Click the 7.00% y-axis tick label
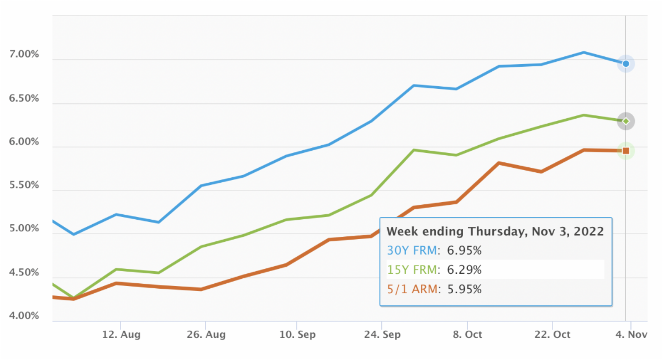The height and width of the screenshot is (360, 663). tap(24, 55)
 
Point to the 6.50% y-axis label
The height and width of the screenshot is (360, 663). tap(24, 99)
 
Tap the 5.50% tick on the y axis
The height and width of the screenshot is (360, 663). tap(24, 186)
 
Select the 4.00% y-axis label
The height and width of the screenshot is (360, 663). tap(24, 316)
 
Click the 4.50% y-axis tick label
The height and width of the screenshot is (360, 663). tap(24, 273)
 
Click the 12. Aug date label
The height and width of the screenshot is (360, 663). tap(121, 335)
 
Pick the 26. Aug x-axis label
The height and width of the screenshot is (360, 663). tap(204, 335)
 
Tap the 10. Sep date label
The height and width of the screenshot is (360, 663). tap(297, 335)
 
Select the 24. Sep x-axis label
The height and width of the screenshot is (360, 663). tap(382, 335)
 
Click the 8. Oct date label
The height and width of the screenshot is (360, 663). tap(467, 335)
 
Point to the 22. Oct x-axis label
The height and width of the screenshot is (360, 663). tap(552, 335)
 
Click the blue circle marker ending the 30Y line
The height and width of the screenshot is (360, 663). tap(626, 64)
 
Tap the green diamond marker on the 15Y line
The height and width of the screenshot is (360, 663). tap(626, 121)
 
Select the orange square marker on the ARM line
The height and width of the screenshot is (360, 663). tap(626, 151)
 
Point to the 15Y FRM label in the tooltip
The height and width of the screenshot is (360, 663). tap(411, 270)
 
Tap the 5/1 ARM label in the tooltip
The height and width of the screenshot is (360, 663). tap(412, 289)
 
